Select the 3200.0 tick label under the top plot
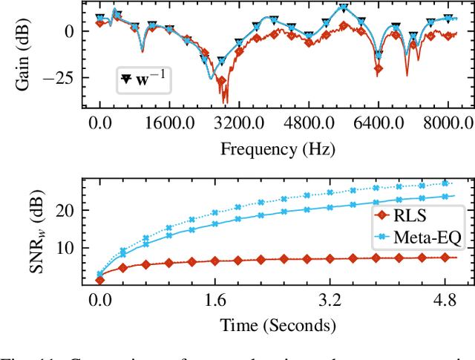click(235, 122)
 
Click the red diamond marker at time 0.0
click(99, 279)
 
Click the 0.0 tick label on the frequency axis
click(99, 122)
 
